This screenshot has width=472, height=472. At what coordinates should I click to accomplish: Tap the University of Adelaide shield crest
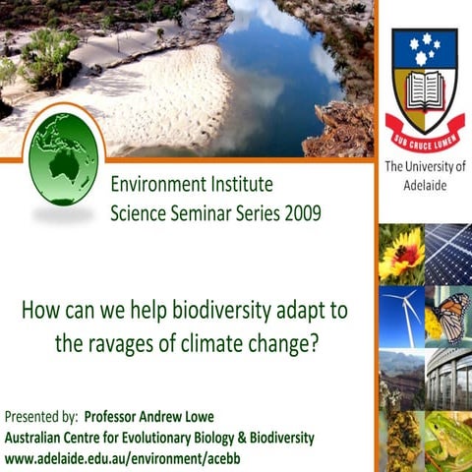(425, 79)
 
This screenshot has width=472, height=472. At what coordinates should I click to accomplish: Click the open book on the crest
(425, 93)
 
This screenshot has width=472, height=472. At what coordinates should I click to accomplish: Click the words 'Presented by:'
(41, 414)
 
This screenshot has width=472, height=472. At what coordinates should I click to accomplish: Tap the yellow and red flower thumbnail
(400, 254)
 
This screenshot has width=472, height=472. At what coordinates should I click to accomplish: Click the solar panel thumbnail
(448, 254)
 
